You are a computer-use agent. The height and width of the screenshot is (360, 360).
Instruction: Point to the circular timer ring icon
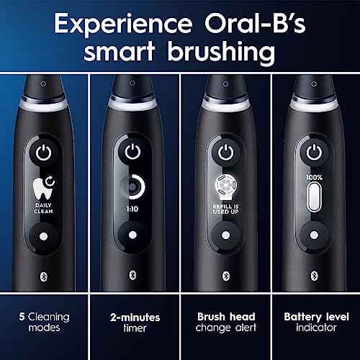pos(132,184)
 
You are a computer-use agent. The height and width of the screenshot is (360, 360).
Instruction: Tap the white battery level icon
pos(313,194)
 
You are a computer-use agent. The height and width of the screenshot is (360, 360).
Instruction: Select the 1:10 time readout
pos(132,207)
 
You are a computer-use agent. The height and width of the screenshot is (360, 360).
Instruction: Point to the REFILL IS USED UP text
pos(225,210)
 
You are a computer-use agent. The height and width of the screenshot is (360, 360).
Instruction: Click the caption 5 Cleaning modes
pos(45,322)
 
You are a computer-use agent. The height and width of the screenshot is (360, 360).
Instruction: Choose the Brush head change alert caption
pos(225,322)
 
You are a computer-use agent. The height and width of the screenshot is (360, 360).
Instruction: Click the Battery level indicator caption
pos(314,322)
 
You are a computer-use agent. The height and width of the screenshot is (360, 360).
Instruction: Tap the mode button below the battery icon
pos(313,234)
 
